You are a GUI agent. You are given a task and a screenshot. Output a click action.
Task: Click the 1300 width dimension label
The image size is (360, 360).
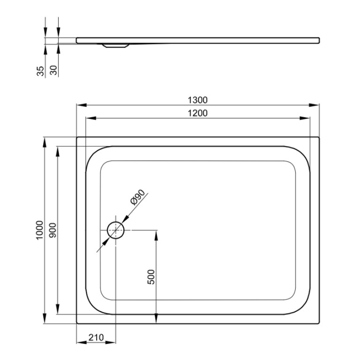(198, 100)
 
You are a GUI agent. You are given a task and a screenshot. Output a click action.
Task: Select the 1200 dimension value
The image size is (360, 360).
(198, 113)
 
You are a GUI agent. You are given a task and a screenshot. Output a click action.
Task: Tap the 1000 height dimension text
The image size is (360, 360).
(39, 230)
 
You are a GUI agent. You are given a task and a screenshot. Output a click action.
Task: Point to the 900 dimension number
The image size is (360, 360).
(53, 230)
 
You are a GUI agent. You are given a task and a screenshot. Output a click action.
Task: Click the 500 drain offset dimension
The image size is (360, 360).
(151, 277)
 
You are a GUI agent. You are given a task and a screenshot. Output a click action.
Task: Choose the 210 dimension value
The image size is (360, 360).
(96, 337)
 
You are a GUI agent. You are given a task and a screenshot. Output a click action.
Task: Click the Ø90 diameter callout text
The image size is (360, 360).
(138, 197)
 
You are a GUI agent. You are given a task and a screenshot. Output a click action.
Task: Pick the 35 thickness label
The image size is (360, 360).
(40, 71)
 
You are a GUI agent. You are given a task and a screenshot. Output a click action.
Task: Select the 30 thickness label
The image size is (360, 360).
(53, 70)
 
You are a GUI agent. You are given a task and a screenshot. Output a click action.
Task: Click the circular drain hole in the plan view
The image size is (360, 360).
(116, 230)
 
